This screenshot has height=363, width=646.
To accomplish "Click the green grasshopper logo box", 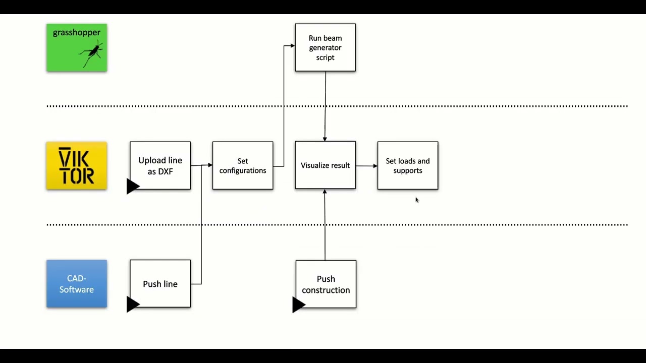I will coord(76,47).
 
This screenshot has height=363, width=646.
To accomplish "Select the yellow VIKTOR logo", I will coord(76,166).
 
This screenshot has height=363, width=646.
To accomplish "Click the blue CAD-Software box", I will coord(76,284).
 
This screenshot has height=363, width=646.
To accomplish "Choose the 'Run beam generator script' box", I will coord(325,47).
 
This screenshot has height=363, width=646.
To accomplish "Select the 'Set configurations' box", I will coord(243,166).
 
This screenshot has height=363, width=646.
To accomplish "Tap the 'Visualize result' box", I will coord(325,165).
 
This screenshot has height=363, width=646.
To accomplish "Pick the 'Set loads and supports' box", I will coord(408,166).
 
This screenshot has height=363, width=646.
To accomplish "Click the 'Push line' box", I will coord(160,284).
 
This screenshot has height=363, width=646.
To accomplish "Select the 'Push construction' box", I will coord(326,284).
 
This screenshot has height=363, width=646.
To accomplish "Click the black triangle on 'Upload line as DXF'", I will coord(132,187).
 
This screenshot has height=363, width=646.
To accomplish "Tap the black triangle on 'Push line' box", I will coord(132,304).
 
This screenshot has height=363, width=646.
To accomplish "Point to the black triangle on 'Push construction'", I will coord(298,305).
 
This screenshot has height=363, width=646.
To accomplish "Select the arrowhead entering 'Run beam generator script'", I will coord(292,46).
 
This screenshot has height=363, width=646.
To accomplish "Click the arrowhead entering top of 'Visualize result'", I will coord(325,139).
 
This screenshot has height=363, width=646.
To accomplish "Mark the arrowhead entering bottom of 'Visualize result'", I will coord(325,192).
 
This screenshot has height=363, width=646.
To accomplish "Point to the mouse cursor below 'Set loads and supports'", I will coord(417,200).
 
